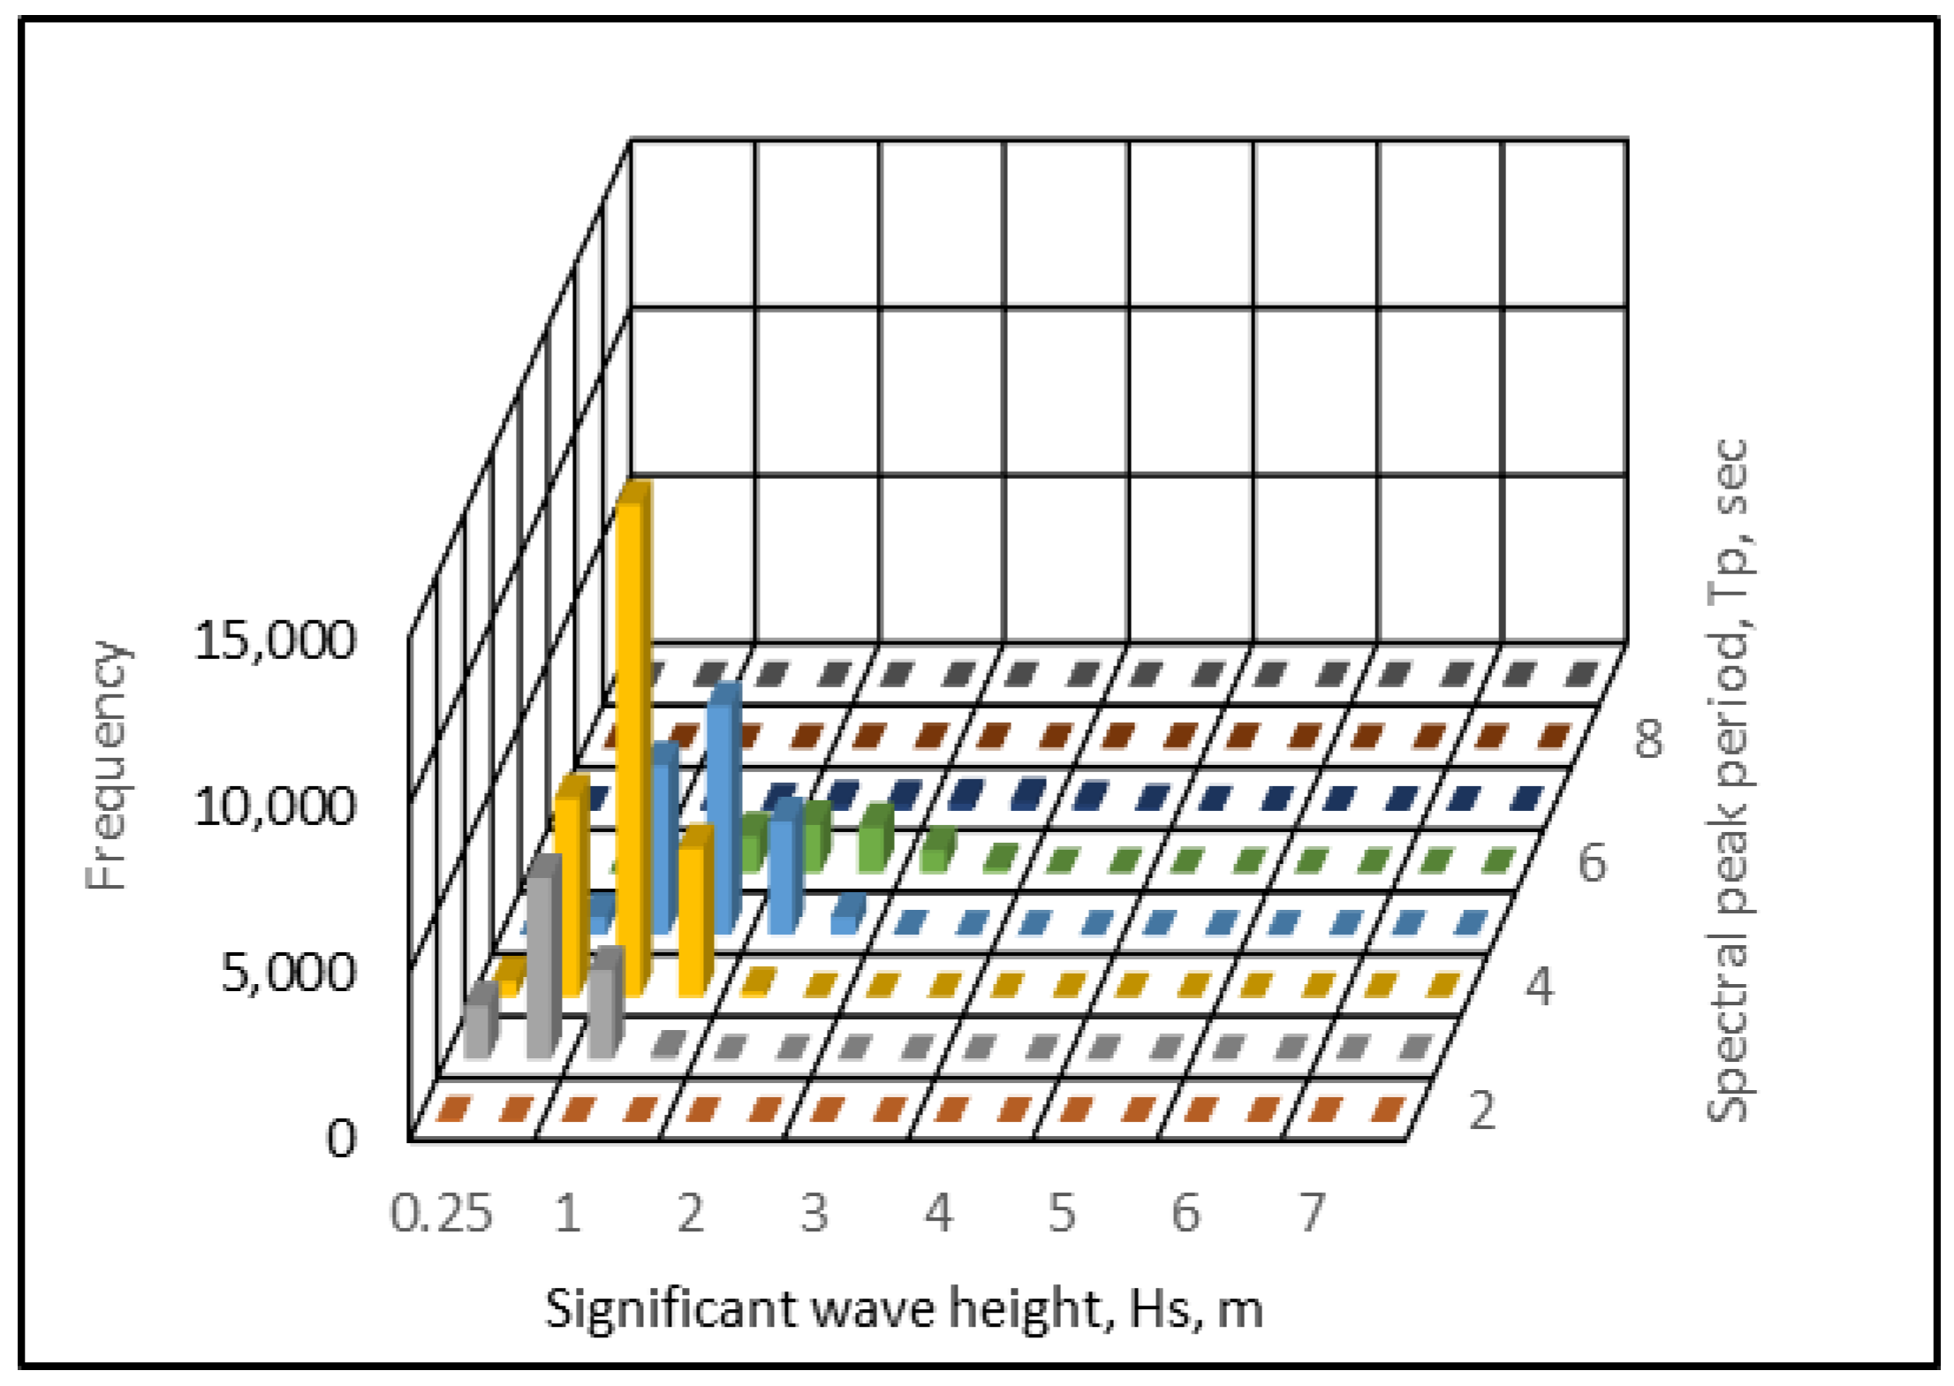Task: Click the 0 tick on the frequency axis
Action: coord(341,1140)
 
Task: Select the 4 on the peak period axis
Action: coord(1540,988)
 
